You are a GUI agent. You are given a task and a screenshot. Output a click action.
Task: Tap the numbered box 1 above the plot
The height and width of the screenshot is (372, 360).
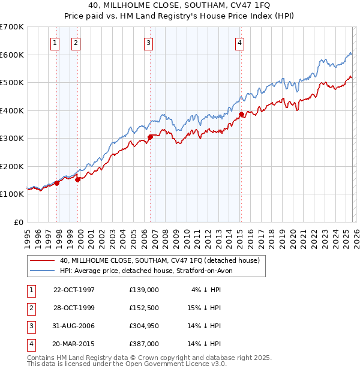[x=55, y=43]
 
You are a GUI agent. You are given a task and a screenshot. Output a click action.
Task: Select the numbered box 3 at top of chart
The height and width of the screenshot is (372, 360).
[x=148, y=43]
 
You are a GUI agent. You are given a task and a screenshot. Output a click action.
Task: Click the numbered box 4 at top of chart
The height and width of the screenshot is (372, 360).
[x=239, y=43]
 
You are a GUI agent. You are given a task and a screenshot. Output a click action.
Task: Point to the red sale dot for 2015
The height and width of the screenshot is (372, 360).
[x=241, y=114]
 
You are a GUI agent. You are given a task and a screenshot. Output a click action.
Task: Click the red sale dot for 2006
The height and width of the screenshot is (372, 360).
[x=150, y=137]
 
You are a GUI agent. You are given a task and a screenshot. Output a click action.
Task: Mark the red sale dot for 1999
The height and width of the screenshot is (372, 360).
[x=77, y=179]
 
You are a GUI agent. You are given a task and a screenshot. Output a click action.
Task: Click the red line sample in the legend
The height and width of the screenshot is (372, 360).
[x=43, y=260]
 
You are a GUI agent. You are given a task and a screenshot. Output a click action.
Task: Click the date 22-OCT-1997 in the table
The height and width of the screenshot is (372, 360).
[x=74, y=290]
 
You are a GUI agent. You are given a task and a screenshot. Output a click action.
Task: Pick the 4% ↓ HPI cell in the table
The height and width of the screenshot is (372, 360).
[x=206, y=290]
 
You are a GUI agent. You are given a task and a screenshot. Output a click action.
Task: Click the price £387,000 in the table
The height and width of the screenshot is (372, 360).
[x=144, y=344]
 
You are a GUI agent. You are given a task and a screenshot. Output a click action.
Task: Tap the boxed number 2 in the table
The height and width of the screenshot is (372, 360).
[x=30, y=308]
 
